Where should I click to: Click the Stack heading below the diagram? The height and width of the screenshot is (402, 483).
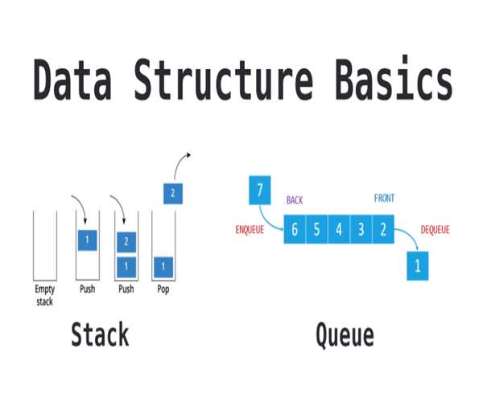(100, 334)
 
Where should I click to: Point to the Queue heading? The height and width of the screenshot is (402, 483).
(345, 334)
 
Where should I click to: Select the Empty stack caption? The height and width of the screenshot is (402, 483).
(44, 294)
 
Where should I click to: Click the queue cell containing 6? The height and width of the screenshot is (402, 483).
(295, 230)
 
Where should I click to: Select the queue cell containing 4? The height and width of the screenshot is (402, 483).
(339, 230)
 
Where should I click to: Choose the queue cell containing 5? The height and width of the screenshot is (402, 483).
(316, 230)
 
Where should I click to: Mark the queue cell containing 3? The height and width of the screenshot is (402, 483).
(361, 230)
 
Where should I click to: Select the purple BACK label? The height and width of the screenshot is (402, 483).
(295, 199)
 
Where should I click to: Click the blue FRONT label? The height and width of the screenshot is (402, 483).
(384, 199)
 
